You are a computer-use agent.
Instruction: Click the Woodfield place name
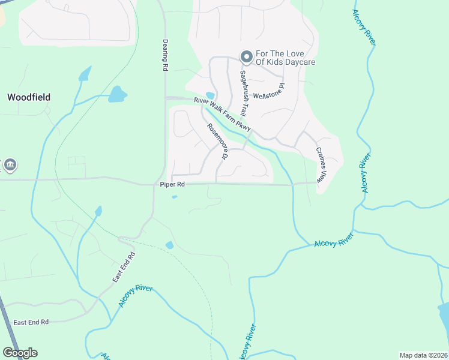[28, 97]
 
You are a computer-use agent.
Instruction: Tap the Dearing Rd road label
[164, 56]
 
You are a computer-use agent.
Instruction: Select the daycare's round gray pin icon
[246, 57]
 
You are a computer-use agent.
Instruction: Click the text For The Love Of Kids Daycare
[285, 58]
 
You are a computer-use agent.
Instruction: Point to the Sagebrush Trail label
[244, 94]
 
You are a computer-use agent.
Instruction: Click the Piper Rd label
[171, 185]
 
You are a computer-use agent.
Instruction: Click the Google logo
[20, 353]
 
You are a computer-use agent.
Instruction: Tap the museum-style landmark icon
[10, 164]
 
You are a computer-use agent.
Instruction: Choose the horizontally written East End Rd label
[31, 322]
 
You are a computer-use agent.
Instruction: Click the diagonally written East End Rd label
[124, 268]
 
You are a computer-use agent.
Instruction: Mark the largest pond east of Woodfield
[118, 94]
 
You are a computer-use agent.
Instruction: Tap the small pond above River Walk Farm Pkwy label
[210, 95]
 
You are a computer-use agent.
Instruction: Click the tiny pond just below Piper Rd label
[175, 196]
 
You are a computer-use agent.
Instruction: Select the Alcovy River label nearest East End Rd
[136, 296]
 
